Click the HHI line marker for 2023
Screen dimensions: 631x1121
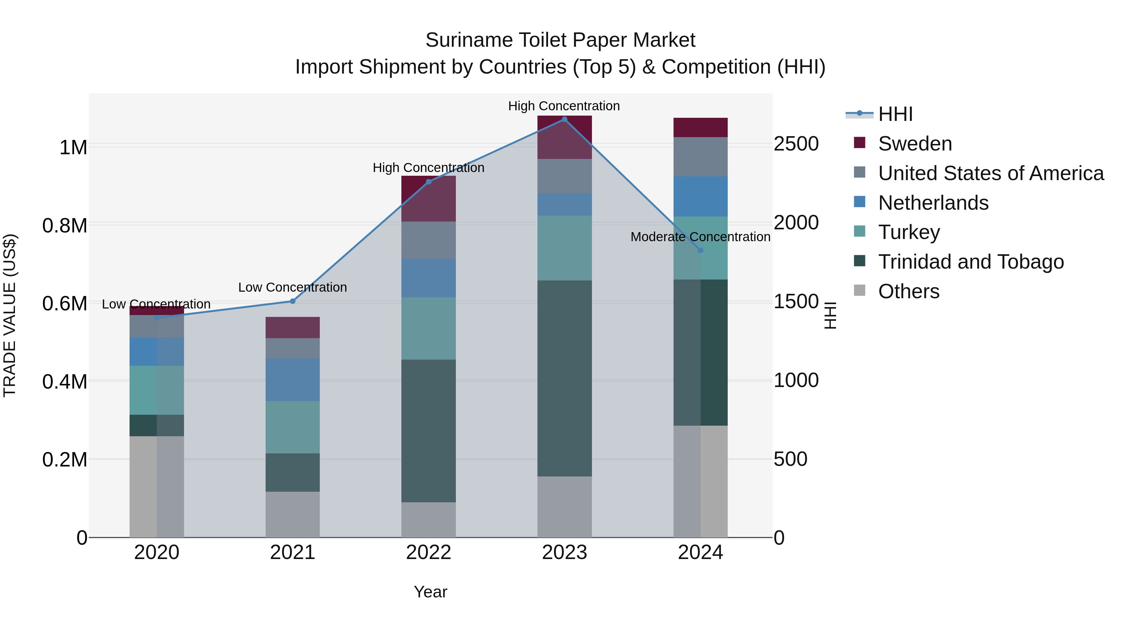565,119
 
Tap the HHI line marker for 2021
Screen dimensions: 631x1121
292,301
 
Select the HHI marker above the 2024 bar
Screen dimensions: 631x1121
700,251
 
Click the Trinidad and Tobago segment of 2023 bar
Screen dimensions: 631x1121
565,378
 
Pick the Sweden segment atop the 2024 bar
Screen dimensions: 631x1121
700,127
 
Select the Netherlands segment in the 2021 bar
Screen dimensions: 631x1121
292,380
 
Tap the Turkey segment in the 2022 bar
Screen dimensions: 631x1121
428,328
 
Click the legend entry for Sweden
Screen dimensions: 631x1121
915,144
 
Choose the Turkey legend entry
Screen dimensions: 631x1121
909,232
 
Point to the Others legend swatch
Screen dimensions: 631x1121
859,290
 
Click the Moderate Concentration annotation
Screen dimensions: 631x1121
700,237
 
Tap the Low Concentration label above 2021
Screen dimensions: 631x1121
292,287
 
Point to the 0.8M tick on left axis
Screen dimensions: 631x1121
64,226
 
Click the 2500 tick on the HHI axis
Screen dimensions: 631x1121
796,144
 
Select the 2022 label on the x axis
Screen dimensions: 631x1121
428,552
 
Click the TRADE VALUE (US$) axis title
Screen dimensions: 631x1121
10,315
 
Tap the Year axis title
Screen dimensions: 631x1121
430,592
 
